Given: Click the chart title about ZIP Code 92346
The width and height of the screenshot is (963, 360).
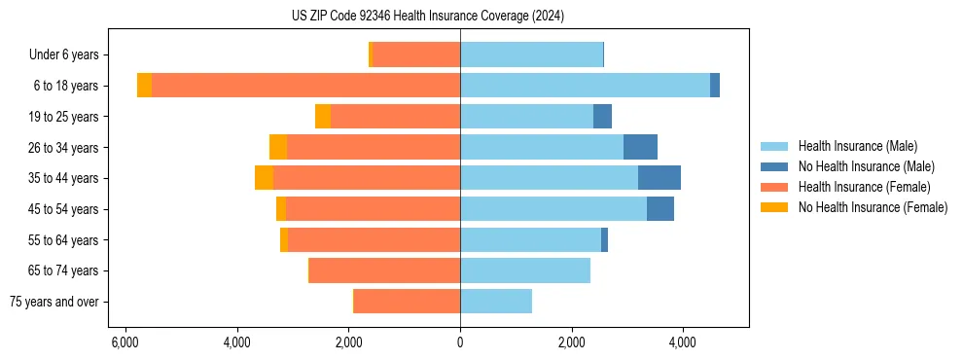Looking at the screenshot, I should click(x=427, y=17).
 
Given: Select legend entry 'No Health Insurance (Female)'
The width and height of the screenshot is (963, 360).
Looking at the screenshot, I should click(x=873, y=207).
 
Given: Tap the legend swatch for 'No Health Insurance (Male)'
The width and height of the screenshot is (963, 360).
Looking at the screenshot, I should click(x=774, y=166).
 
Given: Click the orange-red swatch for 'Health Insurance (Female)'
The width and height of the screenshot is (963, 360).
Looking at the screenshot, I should click(x=774, y=187).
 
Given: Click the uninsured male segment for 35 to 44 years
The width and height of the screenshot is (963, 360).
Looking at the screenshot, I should click(x=660, y=178).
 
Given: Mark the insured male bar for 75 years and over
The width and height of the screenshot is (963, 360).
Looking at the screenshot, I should click(x=496, y=302).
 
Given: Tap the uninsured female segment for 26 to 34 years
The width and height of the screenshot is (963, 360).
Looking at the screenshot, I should click(x=278, y=147).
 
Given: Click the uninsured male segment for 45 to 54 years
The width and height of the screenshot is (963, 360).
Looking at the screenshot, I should click(x=660, y=209).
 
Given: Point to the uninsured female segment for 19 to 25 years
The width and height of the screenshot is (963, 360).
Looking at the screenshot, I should click(x=323, y=117).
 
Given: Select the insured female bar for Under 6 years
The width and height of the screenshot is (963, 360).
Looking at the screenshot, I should click(x=416, y=55).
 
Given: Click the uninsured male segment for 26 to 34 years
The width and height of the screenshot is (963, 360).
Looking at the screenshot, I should click(x=640, y=147).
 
